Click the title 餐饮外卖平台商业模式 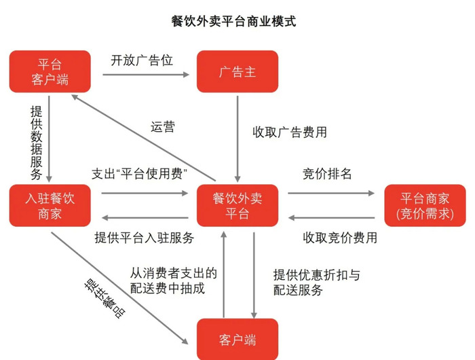(233, 21)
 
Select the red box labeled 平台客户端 (50, 71)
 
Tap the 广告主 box (237, 71)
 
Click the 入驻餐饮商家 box (50, 205)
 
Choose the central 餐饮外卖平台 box (237, 205)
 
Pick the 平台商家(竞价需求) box (425, 205)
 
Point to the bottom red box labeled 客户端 (237, 339)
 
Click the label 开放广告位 (142, 60)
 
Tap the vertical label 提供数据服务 (37, 143)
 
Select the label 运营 (163, 127)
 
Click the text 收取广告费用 (290, 132)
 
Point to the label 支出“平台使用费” (139, 174)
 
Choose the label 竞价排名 (327, 174)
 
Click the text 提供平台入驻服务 (144, 238)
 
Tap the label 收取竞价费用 (340, 238)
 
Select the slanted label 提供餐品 (104, 298)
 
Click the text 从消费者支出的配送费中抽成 (173, 281)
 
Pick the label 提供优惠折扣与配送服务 (317, 283)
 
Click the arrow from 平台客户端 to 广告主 (146, 75)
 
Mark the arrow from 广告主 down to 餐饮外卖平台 (237, 139)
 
